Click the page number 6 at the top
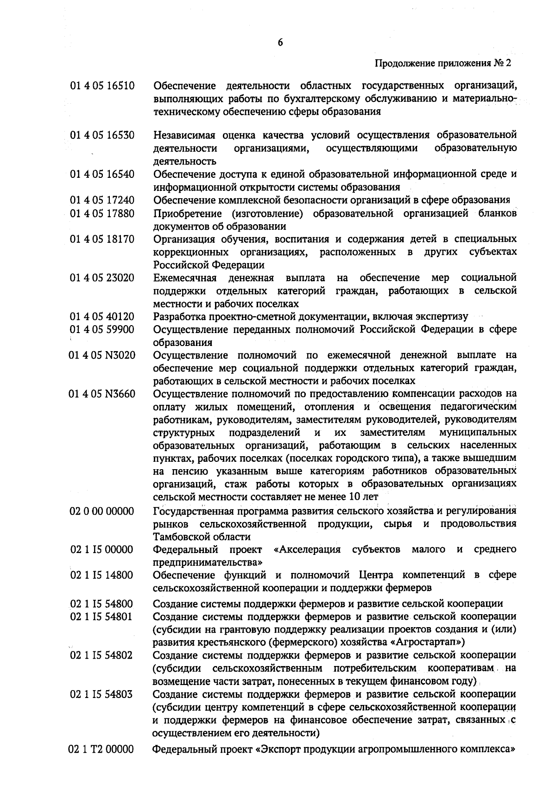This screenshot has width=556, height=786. click(x=280, y=43)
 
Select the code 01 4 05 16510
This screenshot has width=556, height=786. click(x=102, y=86)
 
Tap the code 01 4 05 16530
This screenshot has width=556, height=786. click(x=102, y=135)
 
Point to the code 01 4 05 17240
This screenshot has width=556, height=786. click(x=102, y=200)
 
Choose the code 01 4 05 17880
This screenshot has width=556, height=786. click(x=102, y=213)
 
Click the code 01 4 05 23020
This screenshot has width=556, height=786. click(x=102, y=278)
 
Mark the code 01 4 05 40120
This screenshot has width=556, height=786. click(x=102, y=317)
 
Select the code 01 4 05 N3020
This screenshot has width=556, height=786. click(x=102, y=355)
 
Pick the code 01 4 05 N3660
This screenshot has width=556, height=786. click(x=102, y=394)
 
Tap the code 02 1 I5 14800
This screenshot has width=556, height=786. click(x=102, y=575)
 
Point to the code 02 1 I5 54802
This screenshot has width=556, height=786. click(x=102, y=655)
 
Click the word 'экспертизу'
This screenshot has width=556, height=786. click(x=443, y=317)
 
